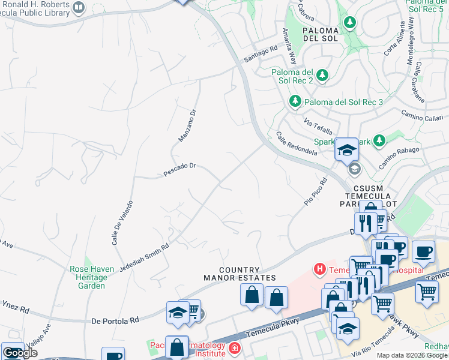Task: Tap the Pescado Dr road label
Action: (180, 170)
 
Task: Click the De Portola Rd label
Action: (115, 321)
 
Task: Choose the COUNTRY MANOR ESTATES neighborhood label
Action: (240, 274)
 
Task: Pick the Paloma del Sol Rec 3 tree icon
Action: (295, 102)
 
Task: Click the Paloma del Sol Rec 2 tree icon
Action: (323, 75)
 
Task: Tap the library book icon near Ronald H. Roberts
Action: (79, 7)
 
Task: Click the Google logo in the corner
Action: (19, 353)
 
